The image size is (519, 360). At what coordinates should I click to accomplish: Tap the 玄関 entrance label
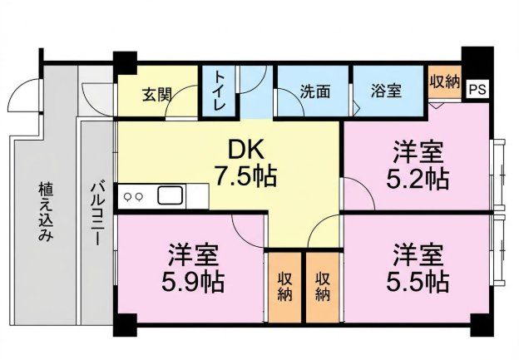(x=156, y=93)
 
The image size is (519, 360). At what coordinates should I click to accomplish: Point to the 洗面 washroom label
(x=314, y=91)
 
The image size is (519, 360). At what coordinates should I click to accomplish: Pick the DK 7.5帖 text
(x=245, y=163)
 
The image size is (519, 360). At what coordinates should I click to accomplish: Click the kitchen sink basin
(x=170, y=197)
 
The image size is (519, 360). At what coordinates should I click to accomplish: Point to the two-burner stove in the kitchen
(x=134, y=197)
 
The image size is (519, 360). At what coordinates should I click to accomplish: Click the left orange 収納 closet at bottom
(x=284, y=286)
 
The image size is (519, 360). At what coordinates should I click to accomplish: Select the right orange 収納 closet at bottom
(x=322, y=286)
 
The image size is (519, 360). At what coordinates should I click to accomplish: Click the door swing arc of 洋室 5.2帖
(x=355, y=195)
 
